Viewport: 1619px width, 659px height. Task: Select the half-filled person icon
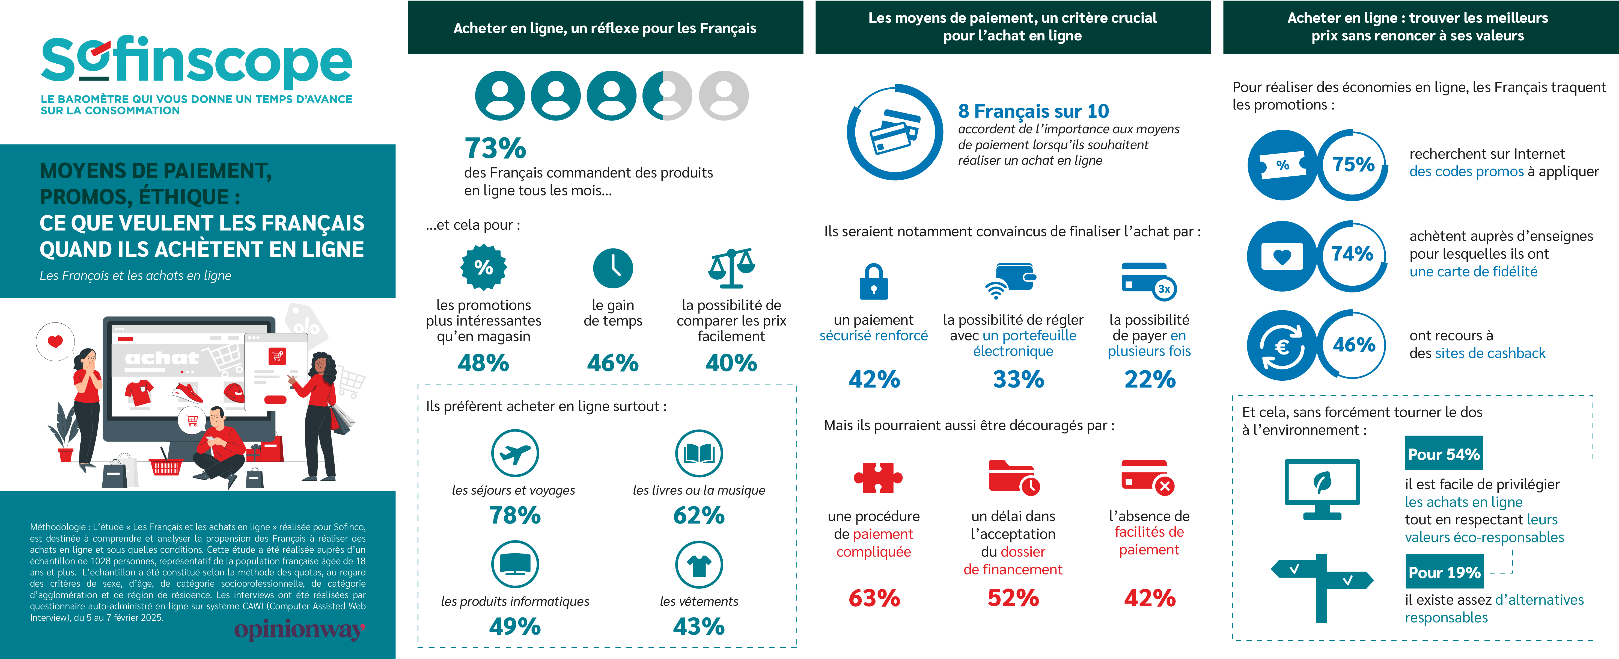[668, 96]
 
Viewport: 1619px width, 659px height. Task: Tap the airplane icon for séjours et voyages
[515, 453]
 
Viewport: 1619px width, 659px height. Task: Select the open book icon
[699, 453]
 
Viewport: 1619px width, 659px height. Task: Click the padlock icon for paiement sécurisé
[874, 281]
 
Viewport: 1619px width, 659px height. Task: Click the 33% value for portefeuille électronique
[1018, 379]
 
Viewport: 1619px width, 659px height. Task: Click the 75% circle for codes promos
[1353, 165]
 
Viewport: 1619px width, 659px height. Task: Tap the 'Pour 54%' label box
[1444, 454]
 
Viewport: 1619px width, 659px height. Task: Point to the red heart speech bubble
[55, 341]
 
